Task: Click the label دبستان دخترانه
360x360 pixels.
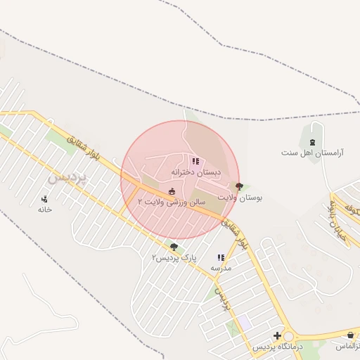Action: (195, 172)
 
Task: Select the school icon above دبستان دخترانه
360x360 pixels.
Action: (195, 162)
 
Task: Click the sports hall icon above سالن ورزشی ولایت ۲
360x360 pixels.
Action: (172, 192)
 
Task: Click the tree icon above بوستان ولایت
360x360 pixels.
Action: (240, 187)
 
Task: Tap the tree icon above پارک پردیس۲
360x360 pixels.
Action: (174, 247)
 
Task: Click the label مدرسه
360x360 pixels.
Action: (221, 268)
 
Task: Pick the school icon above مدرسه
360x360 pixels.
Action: (221, 258)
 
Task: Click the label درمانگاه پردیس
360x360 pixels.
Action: (277, 347)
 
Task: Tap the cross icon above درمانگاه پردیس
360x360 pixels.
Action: (277, 336)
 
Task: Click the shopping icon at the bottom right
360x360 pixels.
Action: (350, 336)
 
